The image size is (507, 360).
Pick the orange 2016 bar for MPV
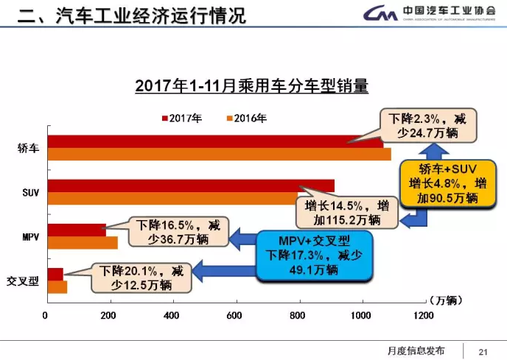(x=83, y=242)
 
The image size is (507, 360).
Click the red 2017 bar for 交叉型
(x=55, y=274)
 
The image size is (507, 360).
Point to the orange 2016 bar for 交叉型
(x=57, y=286)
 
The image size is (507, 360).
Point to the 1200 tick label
(x=424, y=315)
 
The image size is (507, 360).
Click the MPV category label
(x=21, y=236)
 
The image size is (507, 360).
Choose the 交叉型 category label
(x=22, y=280)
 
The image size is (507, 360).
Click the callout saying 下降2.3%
(x=428, y=124)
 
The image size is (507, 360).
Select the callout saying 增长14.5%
(x=343, y=211)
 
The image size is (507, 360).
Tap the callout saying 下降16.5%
(x=178, y=230)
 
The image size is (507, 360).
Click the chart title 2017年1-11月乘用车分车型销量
(x=251, y=86)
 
